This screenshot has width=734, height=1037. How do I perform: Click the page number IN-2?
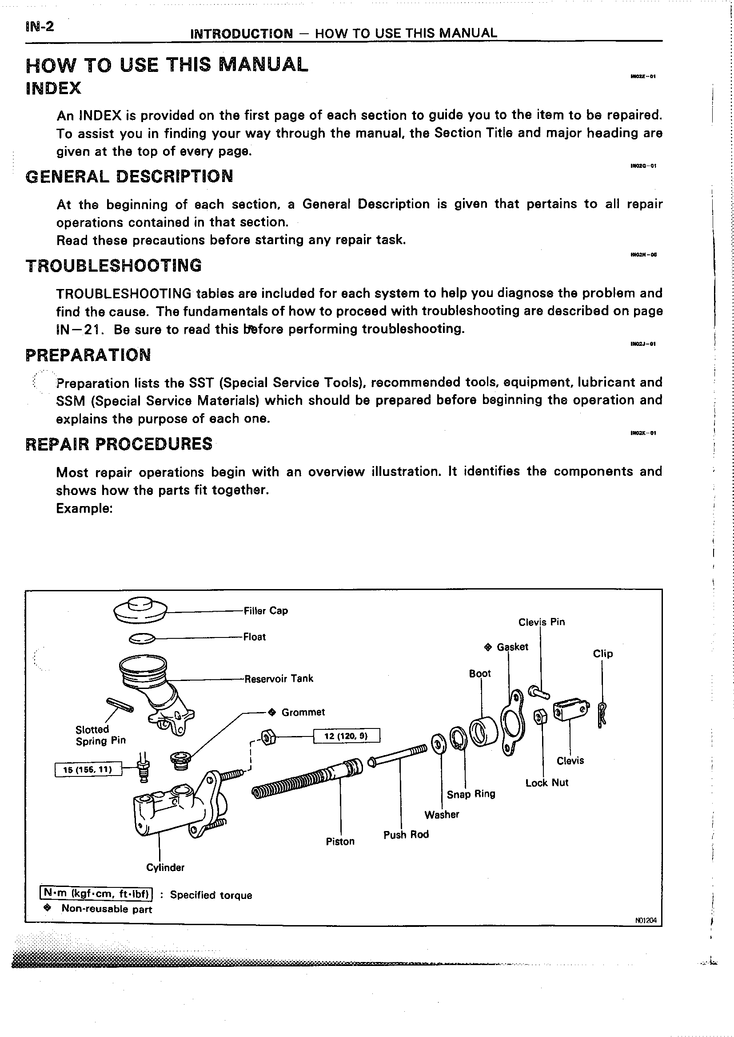40,27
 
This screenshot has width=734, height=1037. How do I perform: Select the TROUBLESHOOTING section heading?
113,265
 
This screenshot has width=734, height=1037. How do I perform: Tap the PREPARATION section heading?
88,355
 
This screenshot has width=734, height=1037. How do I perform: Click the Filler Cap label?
265,611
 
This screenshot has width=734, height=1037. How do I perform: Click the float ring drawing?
142,638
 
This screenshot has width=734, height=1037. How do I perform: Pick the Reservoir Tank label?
279,678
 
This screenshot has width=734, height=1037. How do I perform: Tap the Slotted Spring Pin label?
100,735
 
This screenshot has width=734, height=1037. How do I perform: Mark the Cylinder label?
165,867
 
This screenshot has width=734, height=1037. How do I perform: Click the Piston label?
340,841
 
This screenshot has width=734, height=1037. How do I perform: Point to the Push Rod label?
406,835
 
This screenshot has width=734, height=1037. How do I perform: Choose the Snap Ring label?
471,794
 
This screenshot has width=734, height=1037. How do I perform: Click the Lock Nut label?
547,783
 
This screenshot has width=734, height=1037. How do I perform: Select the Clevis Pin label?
542,622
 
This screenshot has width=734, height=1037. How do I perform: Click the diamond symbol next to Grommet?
271,712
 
